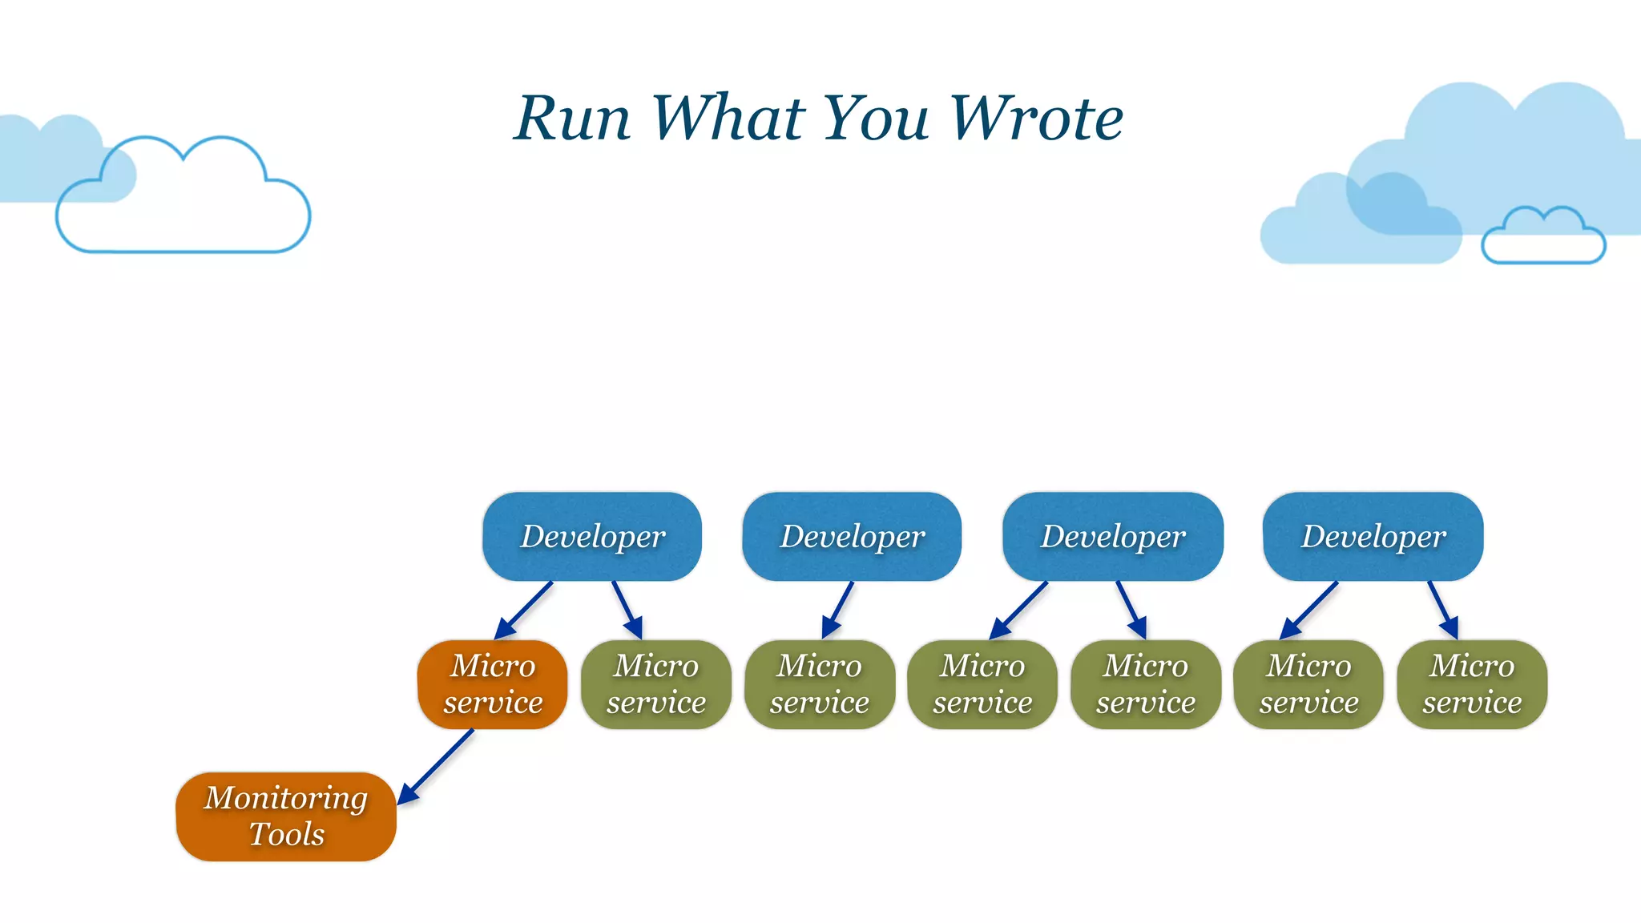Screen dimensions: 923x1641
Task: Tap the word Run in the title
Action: pos(572,119)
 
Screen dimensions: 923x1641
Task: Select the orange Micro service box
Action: pos(493,684)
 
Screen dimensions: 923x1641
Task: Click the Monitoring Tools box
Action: pos(286,816)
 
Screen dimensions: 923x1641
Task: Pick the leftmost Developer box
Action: pos(592,536)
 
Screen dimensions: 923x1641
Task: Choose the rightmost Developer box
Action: pos(1373,536)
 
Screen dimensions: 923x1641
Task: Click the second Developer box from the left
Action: pos(852,536)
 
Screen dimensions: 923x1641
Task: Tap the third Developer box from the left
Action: pos(1113,536)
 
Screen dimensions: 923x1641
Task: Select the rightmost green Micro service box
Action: pos(1472,684)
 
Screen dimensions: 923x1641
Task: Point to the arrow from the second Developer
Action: pos(838,610)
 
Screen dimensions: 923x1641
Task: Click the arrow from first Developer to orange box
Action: pos(524,610)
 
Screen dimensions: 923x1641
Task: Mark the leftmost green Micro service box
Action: pos(656,684)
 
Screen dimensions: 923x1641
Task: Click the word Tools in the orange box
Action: pos(286,835)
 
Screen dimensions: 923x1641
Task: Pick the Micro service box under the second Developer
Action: pos(820,684)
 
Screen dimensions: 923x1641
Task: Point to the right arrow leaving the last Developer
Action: pos(1442,610)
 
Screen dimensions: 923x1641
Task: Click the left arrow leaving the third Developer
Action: pos(1018,610)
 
